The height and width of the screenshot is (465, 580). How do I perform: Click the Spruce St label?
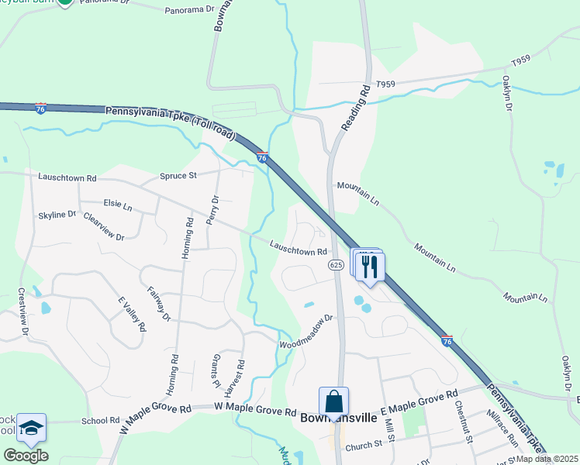[x=178, y=176]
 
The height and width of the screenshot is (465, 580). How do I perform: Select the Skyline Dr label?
[x=57, y=214]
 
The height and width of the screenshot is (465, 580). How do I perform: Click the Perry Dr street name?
[x=213, y=209]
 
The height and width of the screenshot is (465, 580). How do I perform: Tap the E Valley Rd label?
[x=131, y=314]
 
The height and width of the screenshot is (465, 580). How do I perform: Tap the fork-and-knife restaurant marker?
[x=369, y=267]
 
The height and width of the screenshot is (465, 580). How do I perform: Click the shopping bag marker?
[x=333, y=402]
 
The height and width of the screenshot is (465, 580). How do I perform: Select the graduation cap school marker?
[x=31, y=429]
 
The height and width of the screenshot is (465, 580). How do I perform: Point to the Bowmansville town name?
[x=338, y=418]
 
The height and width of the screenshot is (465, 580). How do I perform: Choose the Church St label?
[x=364, y=445]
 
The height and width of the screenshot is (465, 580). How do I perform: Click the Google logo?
[x=26, y=455]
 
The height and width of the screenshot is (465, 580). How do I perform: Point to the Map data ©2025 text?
[x=547, y=459]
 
